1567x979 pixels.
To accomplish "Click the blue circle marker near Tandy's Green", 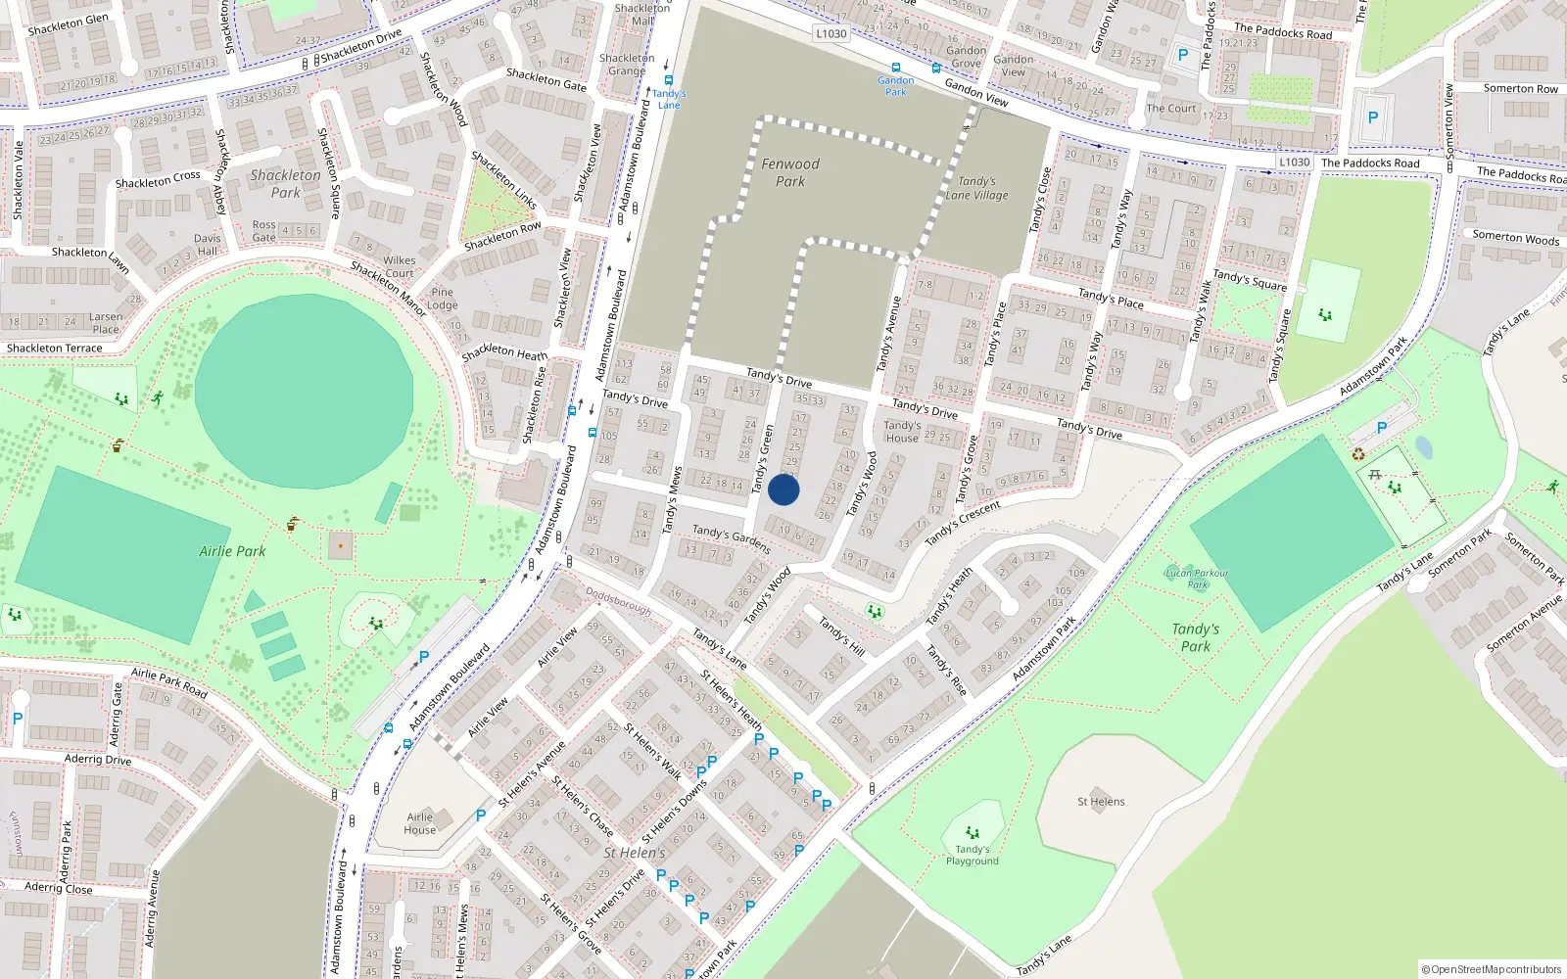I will click(783, 489).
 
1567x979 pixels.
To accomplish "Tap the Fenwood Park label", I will click(790, 172).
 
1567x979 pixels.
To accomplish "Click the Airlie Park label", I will click(232, 551).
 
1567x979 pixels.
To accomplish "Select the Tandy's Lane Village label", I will click(976, 188).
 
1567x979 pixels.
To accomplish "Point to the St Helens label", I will click(1101, 801).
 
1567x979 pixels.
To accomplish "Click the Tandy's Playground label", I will click(972, 855).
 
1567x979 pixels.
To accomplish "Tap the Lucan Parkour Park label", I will click(1197, 579).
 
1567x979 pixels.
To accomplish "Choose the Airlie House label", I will click(419, 823).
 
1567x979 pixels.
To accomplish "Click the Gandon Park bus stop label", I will click(895, 86).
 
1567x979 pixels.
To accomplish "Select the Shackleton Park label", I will click(285, 183).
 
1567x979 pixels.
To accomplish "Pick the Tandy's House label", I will click(902, 432).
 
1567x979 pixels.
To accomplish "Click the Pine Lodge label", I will click(443, 299).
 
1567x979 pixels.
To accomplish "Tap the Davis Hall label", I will click(208, 245).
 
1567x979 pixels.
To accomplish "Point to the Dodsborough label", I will click(618, 600).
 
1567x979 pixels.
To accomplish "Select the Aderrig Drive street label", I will click(98, 759).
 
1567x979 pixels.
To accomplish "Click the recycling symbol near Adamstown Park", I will click(1358, 453).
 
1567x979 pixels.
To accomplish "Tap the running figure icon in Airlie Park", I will click(158, 397).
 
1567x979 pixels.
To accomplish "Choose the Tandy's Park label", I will click(1196, 637).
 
